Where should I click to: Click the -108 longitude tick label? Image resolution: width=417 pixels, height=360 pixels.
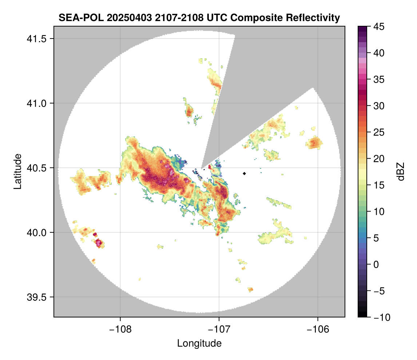coord(120,329)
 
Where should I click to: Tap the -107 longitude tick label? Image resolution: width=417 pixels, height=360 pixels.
coord(219,329)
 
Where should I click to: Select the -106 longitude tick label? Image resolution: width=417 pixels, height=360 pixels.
coord(318,329)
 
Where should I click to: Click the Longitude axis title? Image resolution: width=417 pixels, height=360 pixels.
coord(199,343)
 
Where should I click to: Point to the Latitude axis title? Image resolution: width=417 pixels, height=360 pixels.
coord(17,171)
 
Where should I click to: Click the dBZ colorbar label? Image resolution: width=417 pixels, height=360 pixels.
coord(401,171)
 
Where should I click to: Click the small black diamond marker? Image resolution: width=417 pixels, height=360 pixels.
coord(244,173)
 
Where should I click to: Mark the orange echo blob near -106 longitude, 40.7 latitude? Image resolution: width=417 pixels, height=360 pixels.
coord(314,142)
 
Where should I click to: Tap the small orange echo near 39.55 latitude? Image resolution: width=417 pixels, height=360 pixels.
coord(250,289)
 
